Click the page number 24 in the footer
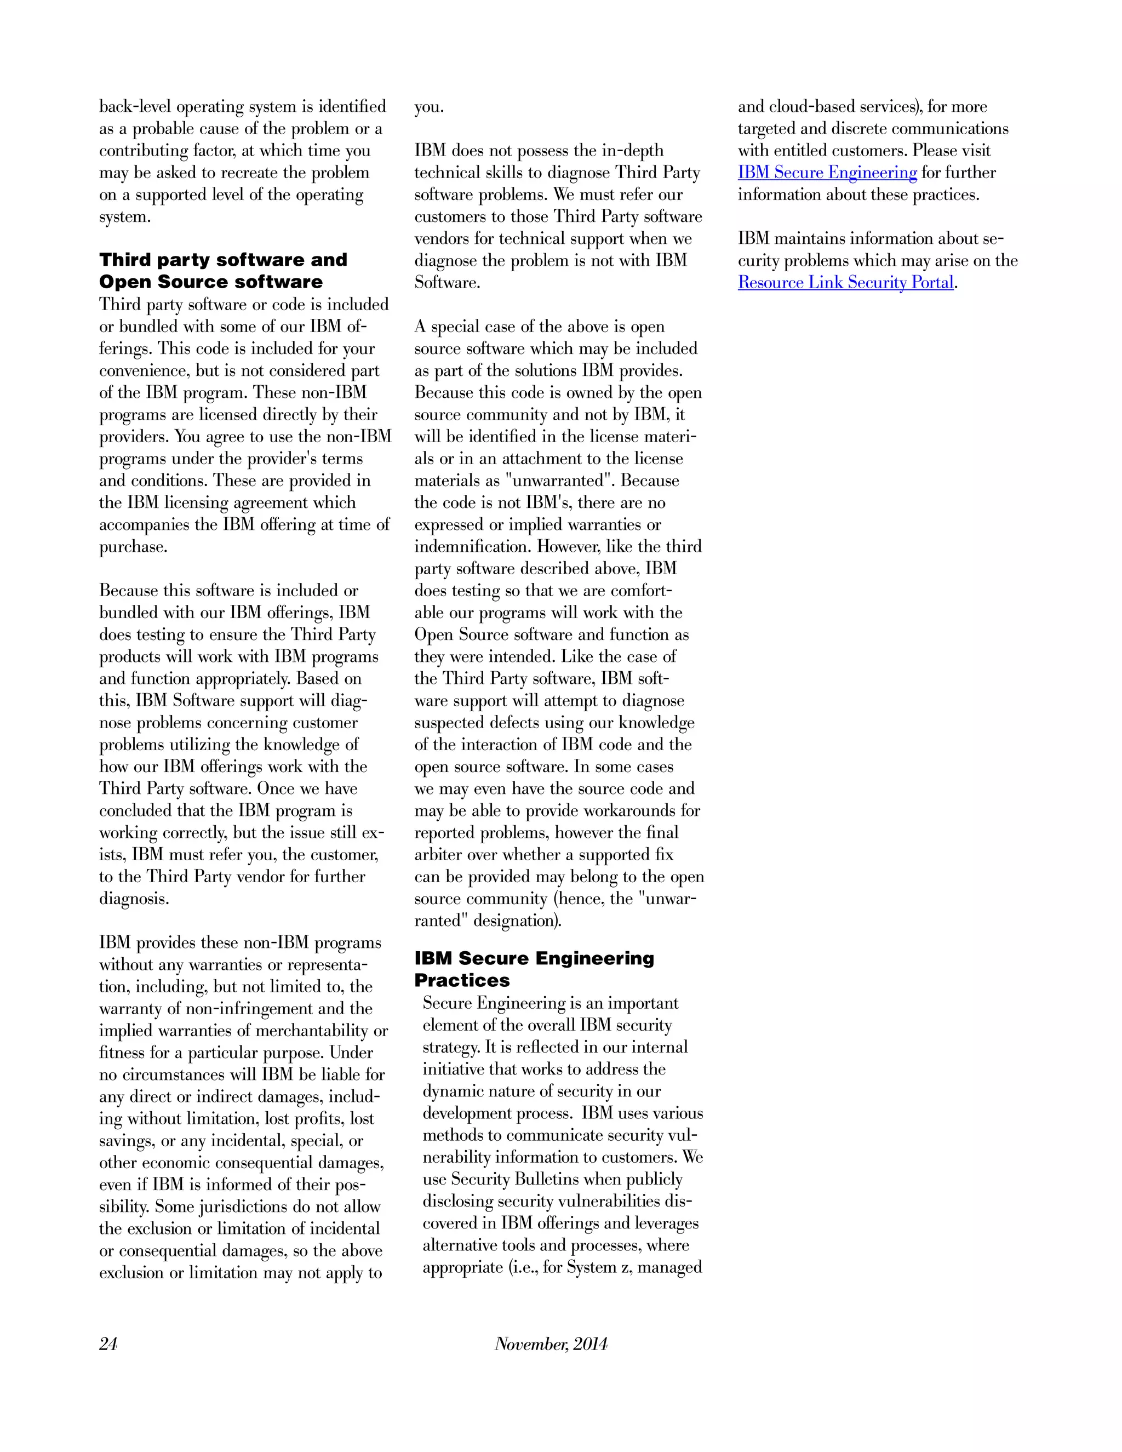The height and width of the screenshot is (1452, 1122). coord(108,1344)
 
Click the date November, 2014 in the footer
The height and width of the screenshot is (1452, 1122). coord(551,1344)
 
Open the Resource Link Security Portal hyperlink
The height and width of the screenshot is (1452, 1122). coord(845,283)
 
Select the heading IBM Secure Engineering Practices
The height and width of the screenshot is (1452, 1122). coord(534,969)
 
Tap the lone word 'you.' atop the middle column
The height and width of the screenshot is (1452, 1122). coord(429,107)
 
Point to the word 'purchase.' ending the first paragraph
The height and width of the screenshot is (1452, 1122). coord(133,547)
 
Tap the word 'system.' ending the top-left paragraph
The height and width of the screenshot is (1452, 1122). coord(125,218)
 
